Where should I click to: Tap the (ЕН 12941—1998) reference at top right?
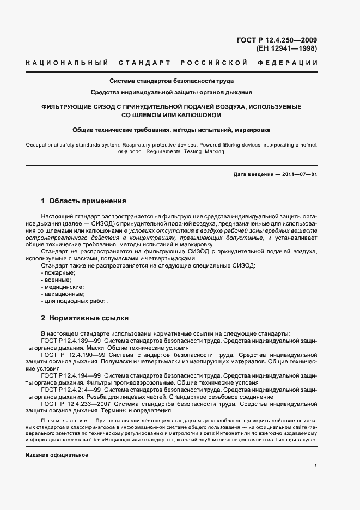coord(286,48)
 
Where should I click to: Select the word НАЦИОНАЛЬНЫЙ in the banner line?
coord(65,63)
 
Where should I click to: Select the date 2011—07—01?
coord(297,174)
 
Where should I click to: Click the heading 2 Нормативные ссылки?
coord(84,317)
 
